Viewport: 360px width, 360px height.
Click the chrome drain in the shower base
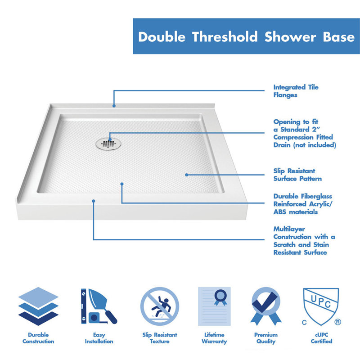[109, 143]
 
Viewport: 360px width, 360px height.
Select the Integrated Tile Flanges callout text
[296, 91]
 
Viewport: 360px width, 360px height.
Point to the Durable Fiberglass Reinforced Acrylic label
[302, 204]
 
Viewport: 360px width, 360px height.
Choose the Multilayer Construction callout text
[304, 240]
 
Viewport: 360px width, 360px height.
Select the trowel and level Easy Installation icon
[99, 306]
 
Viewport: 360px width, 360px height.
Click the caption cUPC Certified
[321, 338]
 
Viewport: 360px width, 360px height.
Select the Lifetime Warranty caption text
[214, 338]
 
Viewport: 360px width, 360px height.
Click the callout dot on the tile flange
[114, 106]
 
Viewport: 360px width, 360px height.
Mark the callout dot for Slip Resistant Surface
[186, 175]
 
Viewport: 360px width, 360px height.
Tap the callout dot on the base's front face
[94, 201]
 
